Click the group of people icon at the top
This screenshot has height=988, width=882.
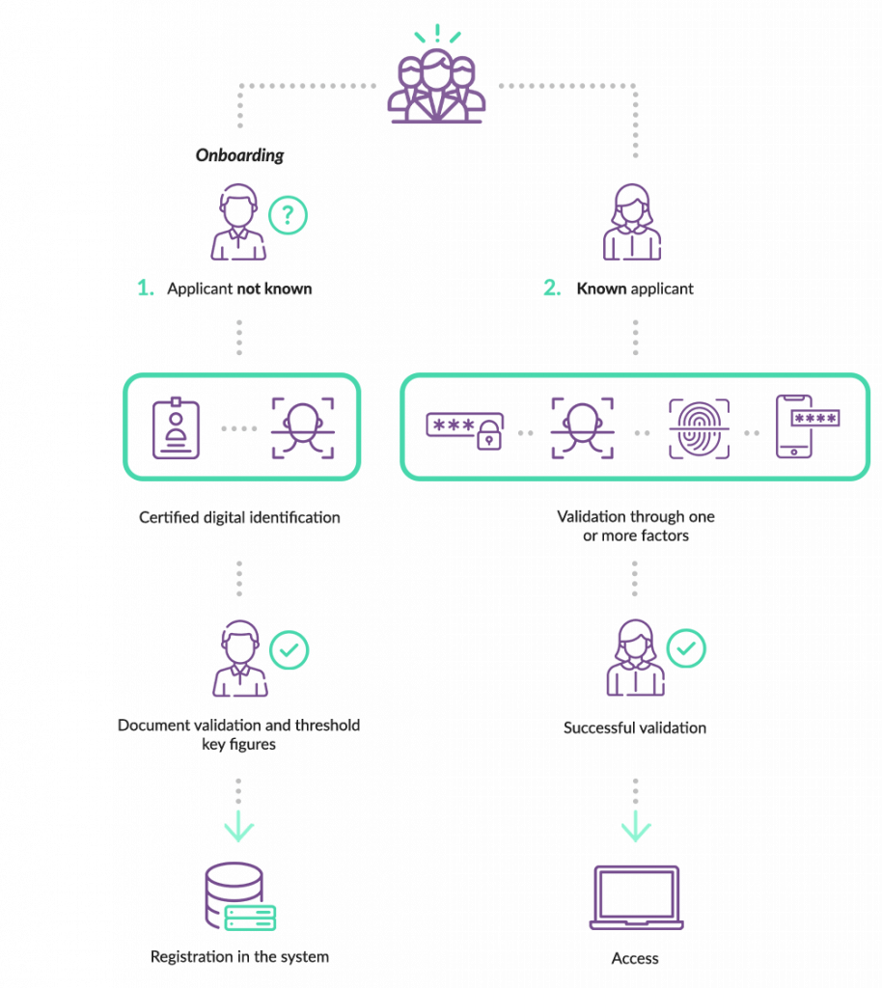tap(436, 87)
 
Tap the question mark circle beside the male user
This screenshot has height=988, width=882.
tap(287, 215)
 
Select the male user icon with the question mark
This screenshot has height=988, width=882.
tap(238, 224)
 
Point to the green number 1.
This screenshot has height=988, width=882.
tap(145, 288)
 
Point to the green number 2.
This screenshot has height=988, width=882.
tap(551, 288)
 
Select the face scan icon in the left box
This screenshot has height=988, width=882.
tap(303, 426)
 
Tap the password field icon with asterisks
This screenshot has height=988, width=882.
tap(465, 428)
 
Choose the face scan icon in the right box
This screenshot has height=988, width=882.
tap(582, 427)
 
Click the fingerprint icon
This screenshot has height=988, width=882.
tap(700, 427)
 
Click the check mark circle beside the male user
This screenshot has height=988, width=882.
tap(288, 651)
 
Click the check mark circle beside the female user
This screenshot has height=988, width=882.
tap(686, 649)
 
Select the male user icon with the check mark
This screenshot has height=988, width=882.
tap(240, 659)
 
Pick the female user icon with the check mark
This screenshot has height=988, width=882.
tap(635, 659)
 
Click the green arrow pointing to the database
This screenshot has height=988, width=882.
tap(238, 828)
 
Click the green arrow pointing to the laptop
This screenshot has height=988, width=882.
tap(636, 828)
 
